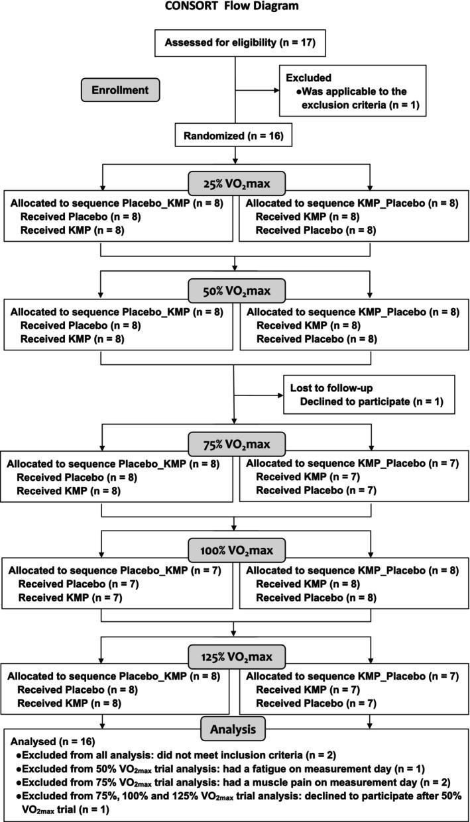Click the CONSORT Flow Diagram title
[235, 8]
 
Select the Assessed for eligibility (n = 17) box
[235, 44]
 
